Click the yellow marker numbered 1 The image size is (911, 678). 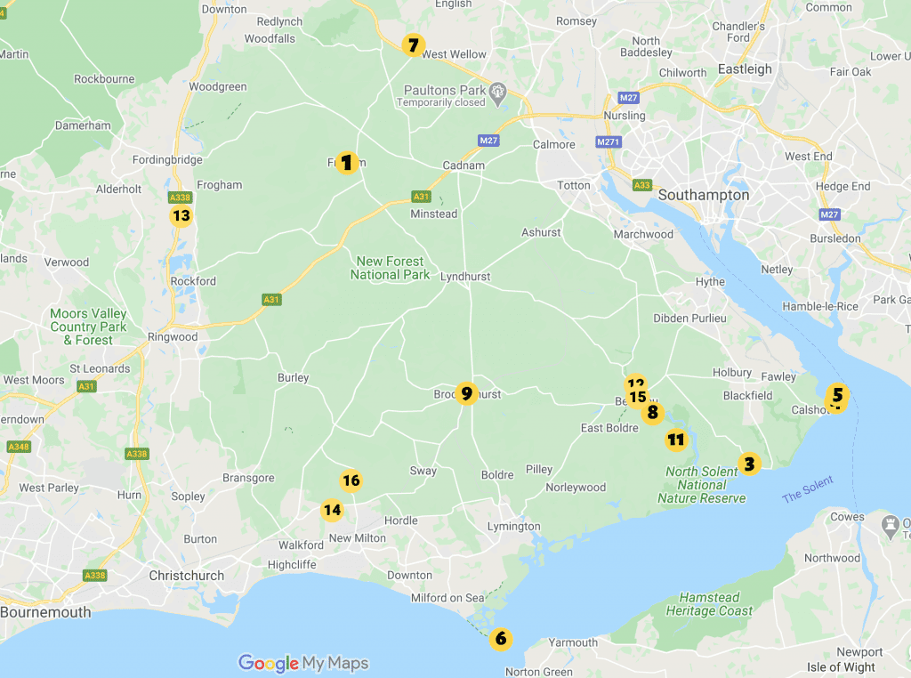(x=347, y=162)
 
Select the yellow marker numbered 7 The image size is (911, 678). (x=412, y=44)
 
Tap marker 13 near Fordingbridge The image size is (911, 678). (x=181, y=215)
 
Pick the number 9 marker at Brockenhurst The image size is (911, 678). (x=466, y=392)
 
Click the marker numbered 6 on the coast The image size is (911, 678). (x=500, y=638)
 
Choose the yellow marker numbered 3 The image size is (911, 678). (x=749, y=464)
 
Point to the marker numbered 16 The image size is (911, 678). (x=351, y=481)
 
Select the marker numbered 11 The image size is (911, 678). (x=676, y=440)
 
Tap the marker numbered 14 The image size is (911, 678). (x=333, y=510)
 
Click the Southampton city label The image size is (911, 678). (x=704, y=195)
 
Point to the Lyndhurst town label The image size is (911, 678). (x=465, y=277)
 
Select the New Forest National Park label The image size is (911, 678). (x=390, y=268)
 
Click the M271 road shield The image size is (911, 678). (x=609, y=142)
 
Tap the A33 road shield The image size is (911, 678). (x=641, y=185)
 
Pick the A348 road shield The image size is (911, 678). (x=18, y=447)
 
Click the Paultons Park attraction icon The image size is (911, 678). (x=497, y=90)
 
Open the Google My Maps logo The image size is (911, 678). (x=303, y=663)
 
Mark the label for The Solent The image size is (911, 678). (x=808, y=490)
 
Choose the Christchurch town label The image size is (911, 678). (x=187, y=576)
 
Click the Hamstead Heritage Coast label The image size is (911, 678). (x=709, y=604)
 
